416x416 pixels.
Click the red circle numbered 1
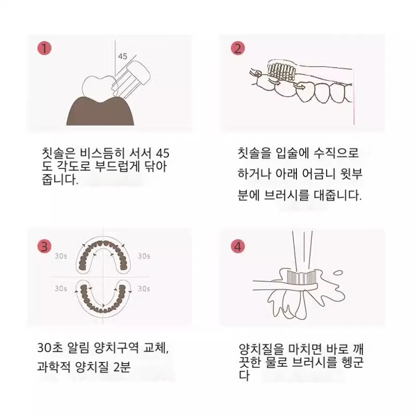tap(44, 48)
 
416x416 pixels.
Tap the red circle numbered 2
tap(238, 48)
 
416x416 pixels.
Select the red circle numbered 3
tap(44, 246)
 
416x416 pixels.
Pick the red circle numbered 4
tap(238, 246)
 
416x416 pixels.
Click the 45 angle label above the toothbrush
tap(123, 56)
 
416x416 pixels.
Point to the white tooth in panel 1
tap(99, 87)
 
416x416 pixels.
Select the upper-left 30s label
tap(61, 256)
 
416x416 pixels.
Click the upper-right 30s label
tap(144, 256)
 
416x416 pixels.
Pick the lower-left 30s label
tap(61, 289)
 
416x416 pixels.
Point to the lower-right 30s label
tap(144, 289)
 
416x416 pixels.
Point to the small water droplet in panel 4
tap(338, 272)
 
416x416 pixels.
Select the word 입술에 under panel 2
tap(292, 153)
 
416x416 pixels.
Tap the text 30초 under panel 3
tap(50, 347)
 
